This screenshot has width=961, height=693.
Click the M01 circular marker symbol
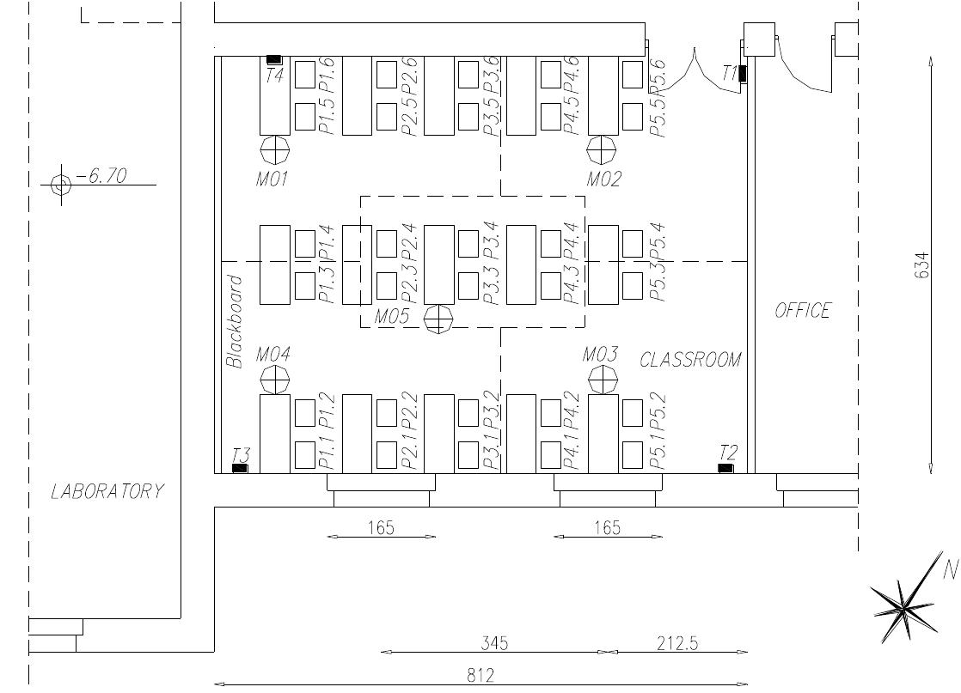[x=274, y=149]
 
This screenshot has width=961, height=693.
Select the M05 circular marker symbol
[x=438, y=319]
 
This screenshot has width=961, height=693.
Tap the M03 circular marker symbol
[x=603, y=380]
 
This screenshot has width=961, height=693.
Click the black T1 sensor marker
[x=742, y=74]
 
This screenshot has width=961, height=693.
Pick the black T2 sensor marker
[x=725, y=468]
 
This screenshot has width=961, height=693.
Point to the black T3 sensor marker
[x=239, y=468]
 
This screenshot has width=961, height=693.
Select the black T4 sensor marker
[x=274, y=59]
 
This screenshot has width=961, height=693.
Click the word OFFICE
[x=803, y=310]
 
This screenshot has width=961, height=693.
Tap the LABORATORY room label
[x=107, y=491]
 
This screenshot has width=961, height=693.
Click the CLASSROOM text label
[x=691, y=359]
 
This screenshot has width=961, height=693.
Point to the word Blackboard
[x=235, y=322]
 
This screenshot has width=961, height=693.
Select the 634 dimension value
[x=921, y=265]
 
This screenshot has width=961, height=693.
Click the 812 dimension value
[x=480, y=675]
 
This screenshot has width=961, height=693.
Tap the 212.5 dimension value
[x=677, y=643]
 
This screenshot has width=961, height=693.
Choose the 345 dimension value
[x=494, y=643]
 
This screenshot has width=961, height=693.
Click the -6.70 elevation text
[x=101, y=176]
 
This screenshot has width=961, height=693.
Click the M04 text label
[x=272, y=355]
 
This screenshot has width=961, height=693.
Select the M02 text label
[x=603, y=179]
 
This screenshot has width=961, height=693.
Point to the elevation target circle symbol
[x=61, y=184]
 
